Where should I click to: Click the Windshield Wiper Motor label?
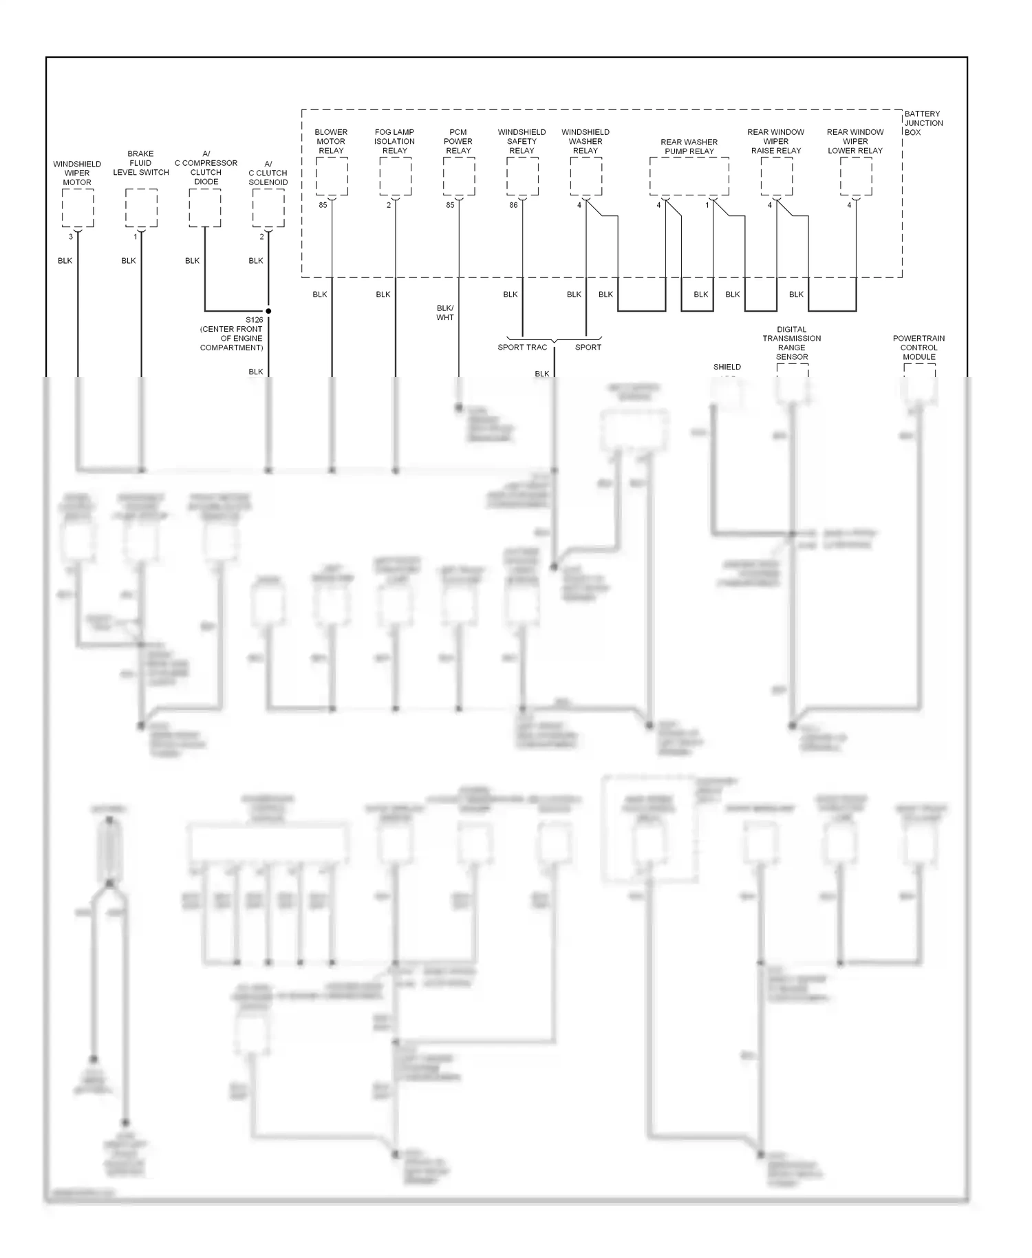coord(77,173)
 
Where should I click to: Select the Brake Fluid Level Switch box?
coord(141,208)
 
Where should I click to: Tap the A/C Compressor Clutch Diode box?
coord(205,208)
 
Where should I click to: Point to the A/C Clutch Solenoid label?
coord(268,173)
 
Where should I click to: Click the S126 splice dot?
coord(268,311)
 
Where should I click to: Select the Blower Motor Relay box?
coord(332,176)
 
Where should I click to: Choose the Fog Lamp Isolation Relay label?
coord(395,141)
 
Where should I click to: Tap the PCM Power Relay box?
coord(459,176)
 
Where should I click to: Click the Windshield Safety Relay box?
coord(522,176)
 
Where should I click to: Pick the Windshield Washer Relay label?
coord(585,141)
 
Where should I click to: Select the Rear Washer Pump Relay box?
coord(689,176)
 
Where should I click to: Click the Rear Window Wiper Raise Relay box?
coord(776,176)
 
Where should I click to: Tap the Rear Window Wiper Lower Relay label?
coord(855,141)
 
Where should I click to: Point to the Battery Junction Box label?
coord(923,123)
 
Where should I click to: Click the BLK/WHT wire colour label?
coord(445,313)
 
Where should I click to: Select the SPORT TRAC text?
coord(522,348)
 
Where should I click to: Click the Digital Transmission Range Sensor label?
coord(792,343)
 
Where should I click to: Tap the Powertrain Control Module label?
coord(919,348)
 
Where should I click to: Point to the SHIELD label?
coord(727,367)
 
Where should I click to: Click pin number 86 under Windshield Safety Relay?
coord(513,205)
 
